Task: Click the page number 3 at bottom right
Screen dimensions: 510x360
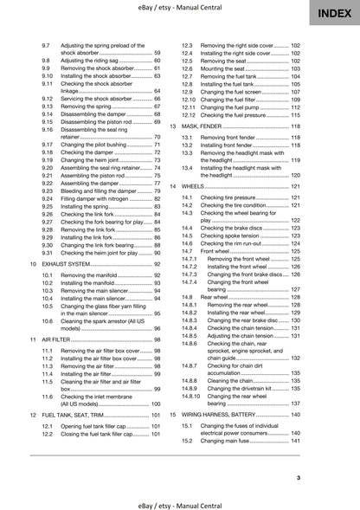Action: tap(322, 478)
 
